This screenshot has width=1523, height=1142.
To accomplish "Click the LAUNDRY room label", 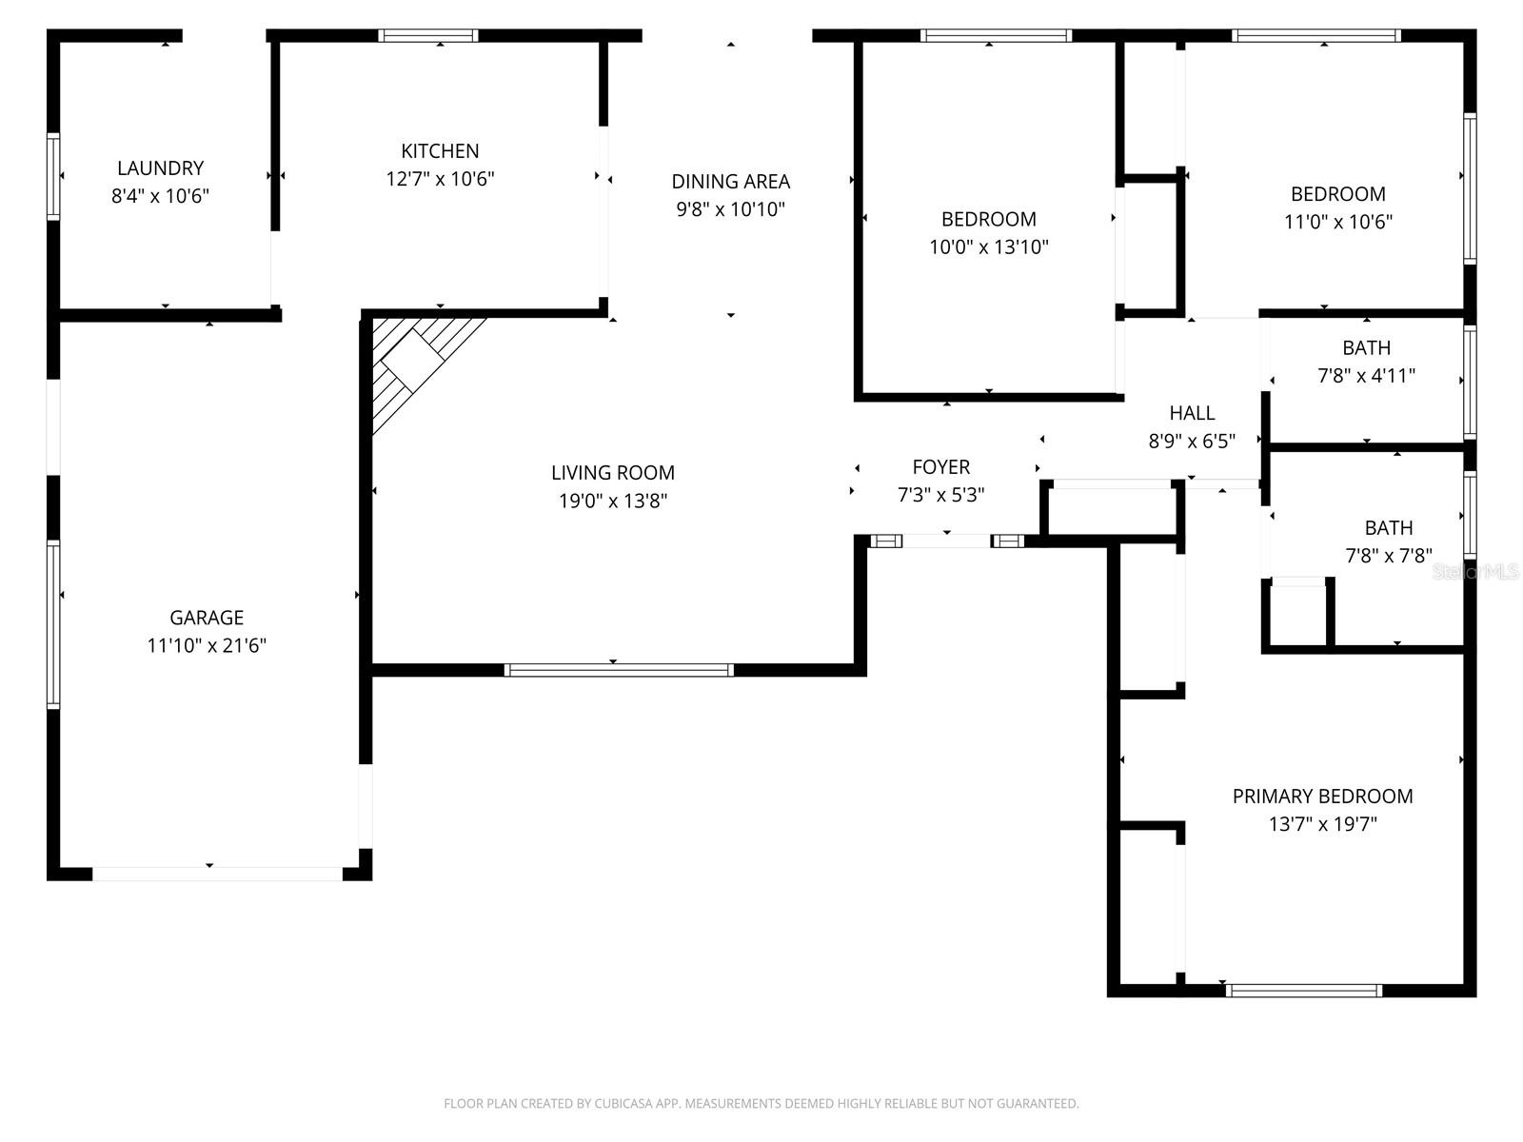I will (x=160, y=168).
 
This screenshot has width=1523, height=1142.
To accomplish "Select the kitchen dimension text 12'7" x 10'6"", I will (x=440, y=179).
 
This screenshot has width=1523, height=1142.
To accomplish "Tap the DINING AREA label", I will (x=730, y=181).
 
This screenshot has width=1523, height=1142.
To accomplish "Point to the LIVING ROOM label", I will (x=612, y=472).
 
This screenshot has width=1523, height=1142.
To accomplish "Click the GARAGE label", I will (x=207, y=618).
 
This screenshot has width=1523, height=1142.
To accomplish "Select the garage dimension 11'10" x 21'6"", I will (x=207, y=645).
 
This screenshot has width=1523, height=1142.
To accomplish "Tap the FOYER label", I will (x=940, y=467).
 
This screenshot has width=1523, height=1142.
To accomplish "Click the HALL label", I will (x=1192, y=413).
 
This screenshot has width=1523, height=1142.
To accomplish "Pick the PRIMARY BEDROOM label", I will (x=1322, y=797).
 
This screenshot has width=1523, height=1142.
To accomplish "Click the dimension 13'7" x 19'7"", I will (x=1322, y=824).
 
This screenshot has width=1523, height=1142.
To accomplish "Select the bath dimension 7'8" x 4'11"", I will (x=1366, y=376).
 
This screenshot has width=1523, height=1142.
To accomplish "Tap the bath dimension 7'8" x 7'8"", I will (x=1388, y=556).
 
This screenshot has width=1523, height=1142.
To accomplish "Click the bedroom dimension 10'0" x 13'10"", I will (x=988, y=247).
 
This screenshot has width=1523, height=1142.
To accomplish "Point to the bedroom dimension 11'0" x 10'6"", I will (x=1337, y=222).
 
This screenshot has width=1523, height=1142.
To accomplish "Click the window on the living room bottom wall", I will (x=619, y=670).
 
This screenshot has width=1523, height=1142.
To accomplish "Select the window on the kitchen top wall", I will (x=428, y=36).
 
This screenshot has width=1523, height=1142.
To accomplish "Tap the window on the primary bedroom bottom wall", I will (x=1304, y=991).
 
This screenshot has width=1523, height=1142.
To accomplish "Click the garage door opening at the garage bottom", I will (x=217, y=874).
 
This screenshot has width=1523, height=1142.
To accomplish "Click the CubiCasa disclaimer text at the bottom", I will (x=761, y=1104).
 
